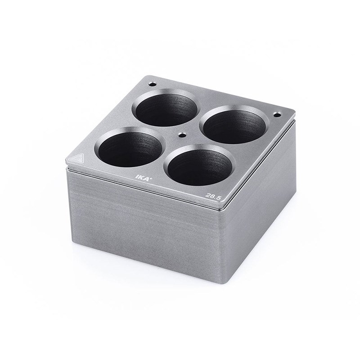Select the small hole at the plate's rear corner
tap(152, 84)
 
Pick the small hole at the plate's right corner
tap(277, 114)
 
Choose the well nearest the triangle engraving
tap(130, 147)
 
